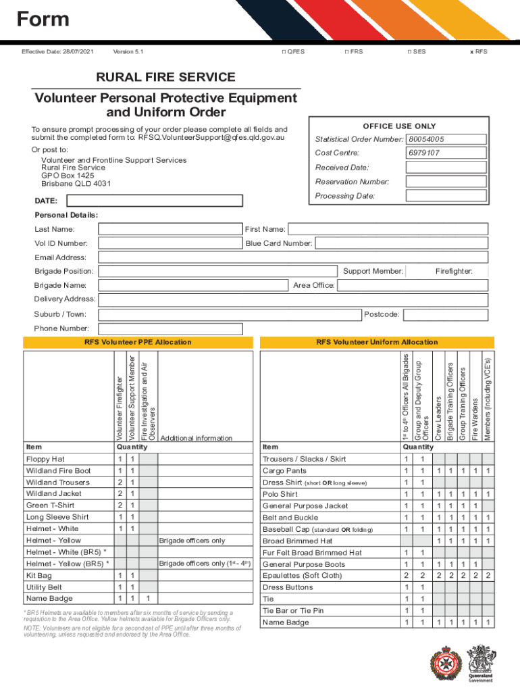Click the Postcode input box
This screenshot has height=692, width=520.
coord(445,314)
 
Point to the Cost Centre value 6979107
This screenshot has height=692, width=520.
coord(424,153)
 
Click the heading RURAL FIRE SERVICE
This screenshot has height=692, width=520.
coord(165,78)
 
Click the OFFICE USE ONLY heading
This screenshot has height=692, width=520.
coord(399,126)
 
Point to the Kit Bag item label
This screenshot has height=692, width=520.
coord(38,576)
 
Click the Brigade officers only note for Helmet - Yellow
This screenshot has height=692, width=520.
coord(192,541)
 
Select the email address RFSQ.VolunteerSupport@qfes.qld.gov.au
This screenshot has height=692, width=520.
coord(211,137)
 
